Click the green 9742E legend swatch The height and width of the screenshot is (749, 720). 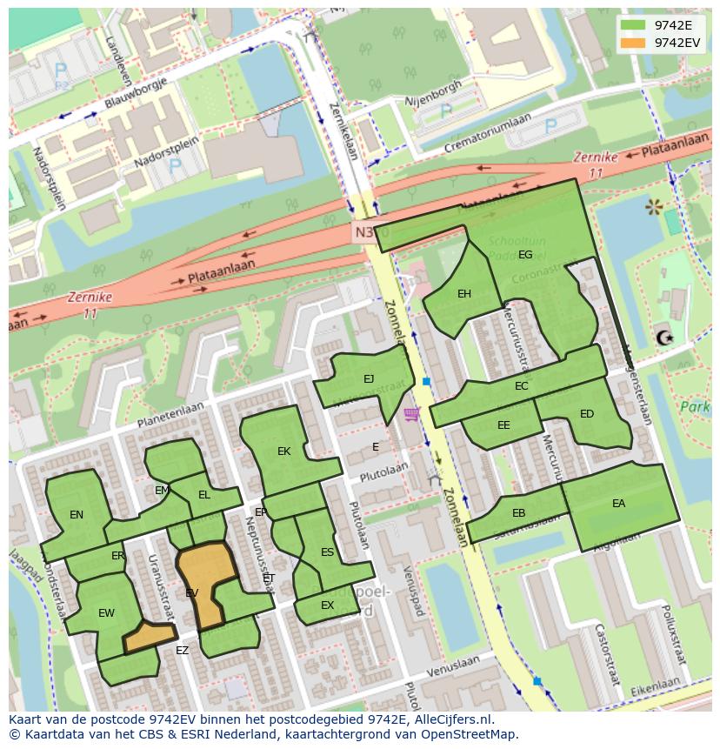click(634, 25)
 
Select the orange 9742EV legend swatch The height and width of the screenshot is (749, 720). click(634, 43)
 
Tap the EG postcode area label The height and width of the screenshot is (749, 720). click(525, 255)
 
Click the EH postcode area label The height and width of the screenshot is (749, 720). click(464, 294)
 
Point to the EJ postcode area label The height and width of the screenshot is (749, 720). click(369, 378)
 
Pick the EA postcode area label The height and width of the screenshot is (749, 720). click(618, 503)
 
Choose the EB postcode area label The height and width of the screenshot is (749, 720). click(518, 513)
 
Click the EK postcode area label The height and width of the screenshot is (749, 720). click(283, 451)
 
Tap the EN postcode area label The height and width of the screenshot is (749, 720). click(77, 515)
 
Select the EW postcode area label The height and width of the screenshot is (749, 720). click(106, 613)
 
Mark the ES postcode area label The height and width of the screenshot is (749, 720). click(327, 552)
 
